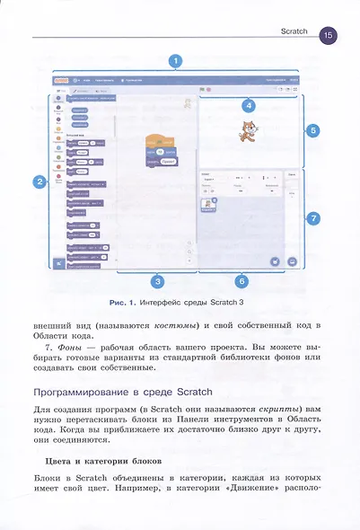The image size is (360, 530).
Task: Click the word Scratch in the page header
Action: (294, 31)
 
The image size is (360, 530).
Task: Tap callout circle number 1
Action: (177, 61)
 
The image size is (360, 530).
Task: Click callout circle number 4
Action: (248, 106)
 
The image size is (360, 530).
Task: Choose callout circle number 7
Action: (312, 218)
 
